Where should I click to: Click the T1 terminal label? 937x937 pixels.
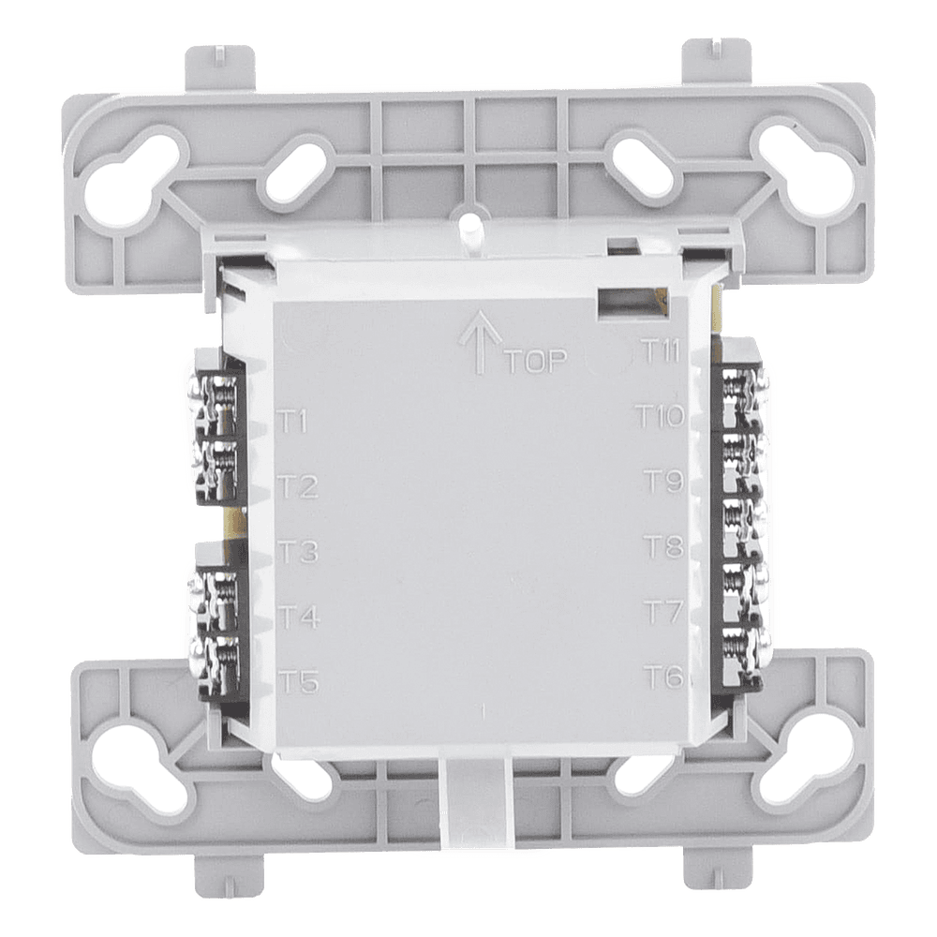click(293, 422)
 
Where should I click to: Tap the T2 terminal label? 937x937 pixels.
click(298, 486)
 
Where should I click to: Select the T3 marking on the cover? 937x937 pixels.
click(298, 552)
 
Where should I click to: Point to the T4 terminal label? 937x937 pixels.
click(299, 617)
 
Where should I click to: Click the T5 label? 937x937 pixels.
click(299, 682)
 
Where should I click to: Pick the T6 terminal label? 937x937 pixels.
click(663, 677)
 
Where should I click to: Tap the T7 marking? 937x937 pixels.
click(663, 611)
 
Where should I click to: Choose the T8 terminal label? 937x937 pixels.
click(663, 546)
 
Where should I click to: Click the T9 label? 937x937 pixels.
click(663, 481)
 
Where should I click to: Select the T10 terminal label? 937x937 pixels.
click(660, 416)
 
